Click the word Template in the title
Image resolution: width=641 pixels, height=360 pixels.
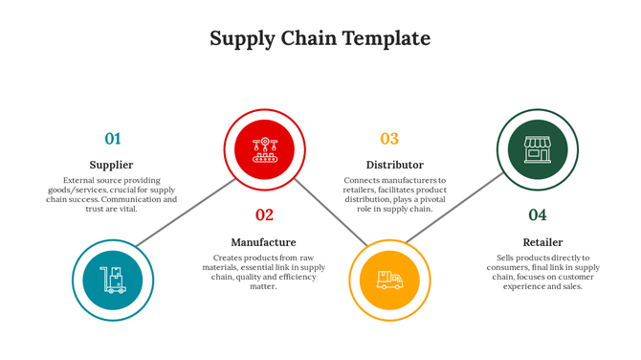click(x=382, y=39)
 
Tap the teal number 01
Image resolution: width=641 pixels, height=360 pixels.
click(x=113, y=139)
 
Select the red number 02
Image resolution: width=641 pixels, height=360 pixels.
click(x=264, y=215)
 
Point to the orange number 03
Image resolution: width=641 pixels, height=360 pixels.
click(x=389, y=139)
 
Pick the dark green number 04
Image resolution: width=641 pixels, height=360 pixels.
click(x=538, y=215)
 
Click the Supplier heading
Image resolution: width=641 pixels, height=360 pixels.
click(x=111, y=165)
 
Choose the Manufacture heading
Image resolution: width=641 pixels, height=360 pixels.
click(x=263, y=242)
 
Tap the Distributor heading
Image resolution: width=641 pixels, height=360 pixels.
click(x=394, y=165)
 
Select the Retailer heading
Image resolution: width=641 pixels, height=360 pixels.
click(x=542, y=242)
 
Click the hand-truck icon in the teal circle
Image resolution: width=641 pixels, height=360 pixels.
click(x=112, y=280)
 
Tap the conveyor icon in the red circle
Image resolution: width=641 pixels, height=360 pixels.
click(x=264, y=148)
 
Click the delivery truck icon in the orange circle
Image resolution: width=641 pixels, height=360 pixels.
click(x=389, y=280)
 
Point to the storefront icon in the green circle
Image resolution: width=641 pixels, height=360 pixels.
click(x=538, y=148)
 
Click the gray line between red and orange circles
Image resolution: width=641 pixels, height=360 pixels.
click(x=330, y=213)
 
